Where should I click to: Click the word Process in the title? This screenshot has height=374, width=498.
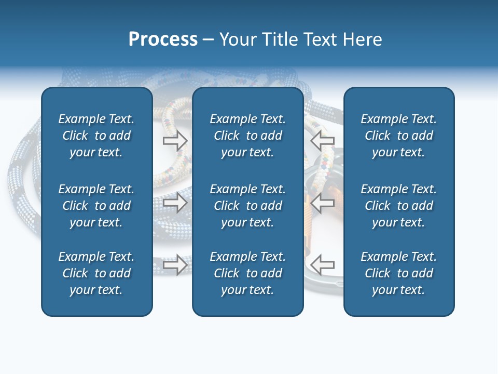tap(163, 39)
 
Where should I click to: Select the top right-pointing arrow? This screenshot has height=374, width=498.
tap(175, 141)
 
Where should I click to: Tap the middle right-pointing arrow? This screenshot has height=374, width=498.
tap(175, 203)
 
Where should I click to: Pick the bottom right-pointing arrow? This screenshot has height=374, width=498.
tap(175, 265)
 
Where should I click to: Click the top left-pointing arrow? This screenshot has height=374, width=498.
tap(322, 141)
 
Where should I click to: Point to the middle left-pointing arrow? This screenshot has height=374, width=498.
tap(322, 203)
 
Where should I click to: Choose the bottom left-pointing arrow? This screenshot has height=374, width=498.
tap(322, 265)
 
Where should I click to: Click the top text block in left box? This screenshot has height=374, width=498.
tap(96, 136)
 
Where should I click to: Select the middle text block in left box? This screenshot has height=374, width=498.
tap(96, 206)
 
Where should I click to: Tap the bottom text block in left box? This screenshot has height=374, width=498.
tap(96, 273)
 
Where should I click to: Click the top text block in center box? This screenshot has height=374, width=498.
tap(248, 136)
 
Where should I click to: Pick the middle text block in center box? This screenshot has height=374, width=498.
tap(248, 206)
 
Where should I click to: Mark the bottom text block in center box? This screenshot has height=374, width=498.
tap(248, 273)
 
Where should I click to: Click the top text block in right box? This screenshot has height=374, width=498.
tap(399, 136)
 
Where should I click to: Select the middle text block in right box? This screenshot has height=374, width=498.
tap(399, 206)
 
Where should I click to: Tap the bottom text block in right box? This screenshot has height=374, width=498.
tap(399, 273)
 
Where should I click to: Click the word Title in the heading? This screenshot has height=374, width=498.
tap(280, 39)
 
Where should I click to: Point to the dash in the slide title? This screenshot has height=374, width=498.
tap(209, 40)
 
